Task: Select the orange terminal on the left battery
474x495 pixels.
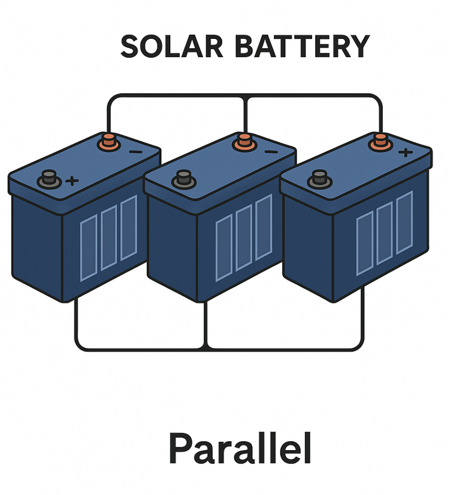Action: click(109, 141)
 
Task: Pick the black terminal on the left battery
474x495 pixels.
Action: click(49, 178)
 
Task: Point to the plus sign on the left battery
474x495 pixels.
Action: click(72, 181)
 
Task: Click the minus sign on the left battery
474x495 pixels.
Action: click(135, 151)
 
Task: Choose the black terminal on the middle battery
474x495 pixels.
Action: click(184, 179)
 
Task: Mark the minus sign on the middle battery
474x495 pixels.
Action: click(270, 151)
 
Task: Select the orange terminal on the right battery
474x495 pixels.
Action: click(380, 141)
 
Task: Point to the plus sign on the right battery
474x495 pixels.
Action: click(406, 152)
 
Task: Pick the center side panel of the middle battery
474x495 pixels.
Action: click(243, 238)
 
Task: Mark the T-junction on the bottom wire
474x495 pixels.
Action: click(205, 347)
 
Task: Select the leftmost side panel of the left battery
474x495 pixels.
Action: click(89, 247)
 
